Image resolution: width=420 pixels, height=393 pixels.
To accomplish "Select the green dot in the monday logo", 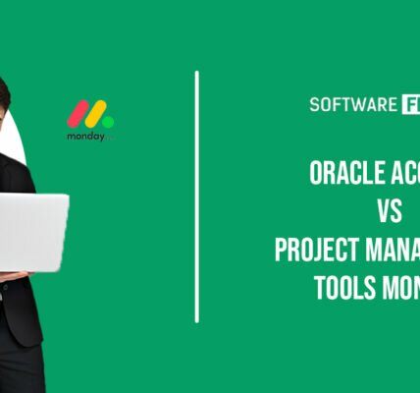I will click(x=108, y=121).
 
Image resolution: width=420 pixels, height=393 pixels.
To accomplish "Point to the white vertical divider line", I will click(x=197, y=196).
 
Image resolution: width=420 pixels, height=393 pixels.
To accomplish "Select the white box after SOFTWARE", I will click(x=409, y=103).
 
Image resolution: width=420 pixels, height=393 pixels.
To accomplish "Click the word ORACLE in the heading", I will click(x=343, y=174).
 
